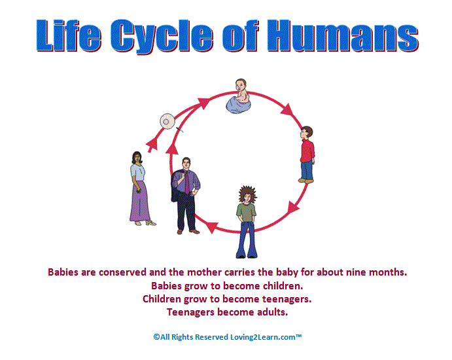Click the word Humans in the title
(343, 36)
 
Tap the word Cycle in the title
(162, 37)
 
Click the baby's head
(241, 85)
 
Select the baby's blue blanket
(238, 105)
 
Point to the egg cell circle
(167, 122)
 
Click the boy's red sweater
(307, 151)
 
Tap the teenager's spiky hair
(247, 194)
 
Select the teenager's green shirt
(246, 212)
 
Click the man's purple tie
(187, 183)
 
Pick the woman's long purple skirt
(140, 202)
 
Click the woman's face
(137, 158)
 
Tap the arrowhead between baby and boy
(287, 109)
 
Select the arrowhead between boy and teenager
(294, 207)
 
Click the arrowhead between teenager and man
(212, 226)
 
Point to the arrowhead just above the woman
(152, 144)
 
